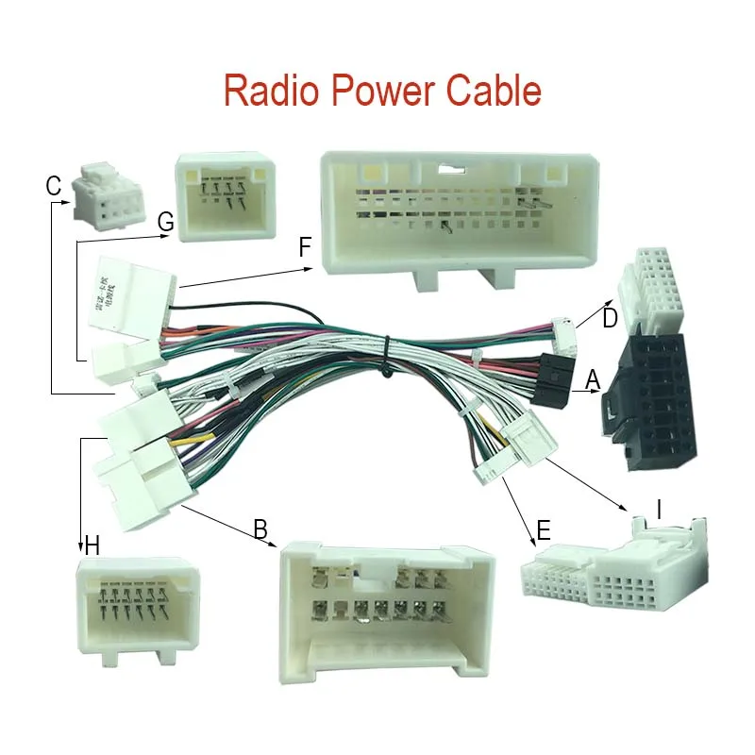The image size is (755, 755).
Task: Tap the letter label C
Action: point(54,186)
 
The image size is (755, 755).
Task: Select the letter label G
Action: point(166,223)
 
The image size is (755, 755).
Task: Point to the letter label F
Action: point(304,248)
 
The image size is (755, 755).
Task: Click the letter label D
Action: point(610,319)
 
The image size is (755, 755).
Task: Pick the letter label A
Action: point(593,378)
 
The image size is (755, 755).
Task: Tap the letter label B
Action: point(260,528)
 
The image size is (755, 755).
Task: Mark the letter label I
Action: point(660,511)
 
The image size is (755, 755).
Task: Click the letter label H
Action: point(92,545)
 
